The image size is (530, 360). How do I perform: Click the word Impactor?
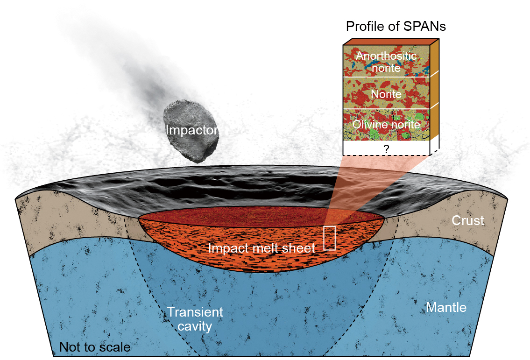192,130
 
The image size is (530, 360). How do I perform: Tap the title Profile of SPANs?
396,26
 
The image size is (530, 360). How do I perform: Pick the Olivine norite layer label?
386,125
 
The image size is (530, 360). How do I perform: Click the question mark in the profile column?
386,149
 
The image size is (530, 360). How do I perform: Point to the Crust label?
467,220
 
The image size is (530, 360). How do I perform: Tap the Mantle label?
446,307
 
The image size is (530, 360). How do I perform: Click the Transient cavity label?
195,318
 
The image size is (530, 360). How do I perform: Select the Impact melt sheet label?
261,248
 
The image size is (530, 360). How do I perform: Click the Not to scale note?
94,347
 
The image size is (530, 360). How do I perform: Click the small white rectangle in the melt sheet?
330,238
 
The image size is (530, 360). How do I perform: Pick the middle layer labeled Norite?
386,94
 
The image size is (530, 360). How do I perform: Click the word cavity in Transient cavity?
195,325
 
